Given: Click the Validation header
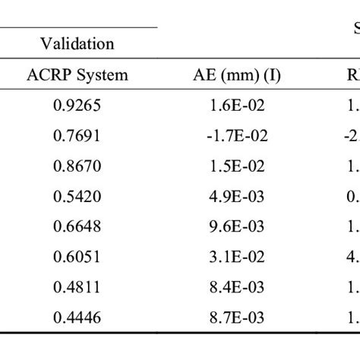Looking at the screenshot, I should pyautogui.click(x=77, y=43).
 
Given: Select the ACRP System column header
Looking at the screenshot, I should pyautogui.click(x=77, y=74).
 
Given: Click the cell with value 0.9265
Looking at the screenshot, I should pyautogui.click(x=77, y=106).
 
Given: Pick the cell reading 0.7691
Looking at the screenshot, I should pyautogui.click(x=77, y=136).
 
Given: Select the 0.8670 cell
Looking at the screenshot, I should pyautogui.click(x=77, y=166).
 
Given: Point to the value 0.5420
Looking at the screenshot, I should pyautogui.click(x=77, y=197).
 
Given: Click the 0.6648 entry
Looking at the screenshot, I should pyautogui.click(x=77, y=227).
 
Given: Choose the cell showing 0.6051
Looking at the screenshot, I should pyautogui.click(x=77, y=257).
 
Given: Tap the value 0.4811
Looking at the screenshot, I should pyautogui.click(x=77, y=288).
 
